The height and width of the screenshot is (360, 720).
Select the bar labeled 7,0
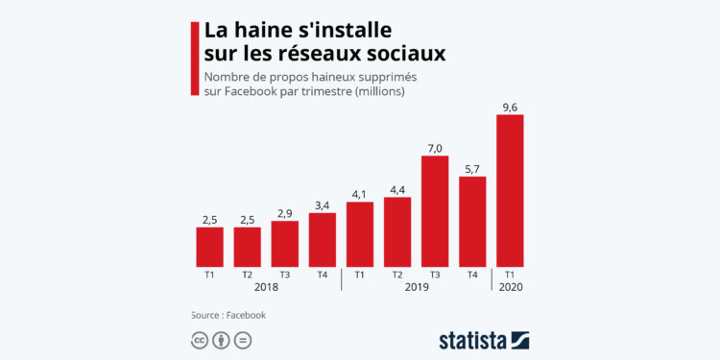[435, 210]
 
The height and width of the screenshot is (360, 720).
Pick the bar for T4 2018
[323, 239]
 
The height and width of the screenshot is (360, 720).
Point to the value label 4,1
[360, 193]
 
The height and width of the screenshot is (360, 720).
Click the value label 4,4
[397, 188]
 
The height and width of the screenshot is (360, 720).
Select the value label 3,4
[323, 204]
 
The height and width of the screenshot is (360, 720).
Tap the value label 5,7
[472, 167]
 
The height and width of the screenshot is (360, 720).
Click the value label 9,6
[510, 106]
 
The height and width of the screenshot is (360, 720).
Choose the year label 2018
[266, 287]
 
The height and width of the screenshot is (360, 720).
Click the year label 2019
[416, 287]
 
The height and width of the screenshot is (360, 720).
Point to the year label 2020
[510, 287]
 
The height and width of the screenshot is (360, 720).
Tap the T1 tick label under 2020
[510, 274]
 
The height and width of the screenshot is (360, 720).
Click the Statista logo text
[472, 340]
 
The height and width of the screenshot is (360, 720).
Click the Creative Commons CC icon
[200, 340]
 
